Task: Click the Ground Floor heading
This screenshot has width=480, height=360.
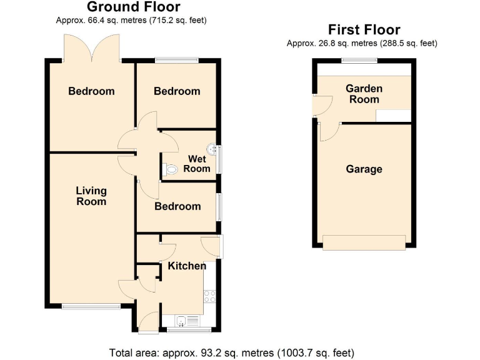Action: [x=133, y=7]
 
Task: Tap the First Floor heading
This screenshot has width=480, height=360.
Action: [x=364, y=29]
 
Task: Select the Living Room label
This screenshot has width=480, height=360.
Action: [x=91, y=196]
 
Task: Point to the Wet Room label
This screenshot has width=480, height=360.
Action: [x=197, y=164]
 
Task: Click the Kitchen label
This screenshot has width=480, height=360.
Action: [x=186, y=266]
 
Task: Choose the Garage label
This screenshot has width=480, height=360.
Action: [x=364, y=169]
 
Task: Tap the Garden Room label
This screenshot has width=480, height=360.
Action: [x=364, y=94]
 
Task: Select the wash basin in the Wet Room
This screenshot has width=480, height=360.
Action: [x=213, y=149]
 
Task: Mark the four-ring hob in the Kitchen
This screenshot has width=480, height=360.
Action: [x=209, y=296]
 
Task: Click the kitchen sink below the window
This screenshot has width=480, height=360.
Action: [x=182, y=321]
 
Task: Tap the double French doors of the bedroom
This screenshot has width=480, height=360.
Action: [x=92, y=47]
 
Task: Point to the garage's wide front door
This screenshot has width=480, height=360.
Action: [x=364, y=242]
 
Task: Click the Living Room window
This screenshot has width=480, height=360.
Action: [x=91, y=306]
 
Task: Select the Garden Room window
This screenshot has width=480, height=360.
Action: [x=359, y=61]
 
